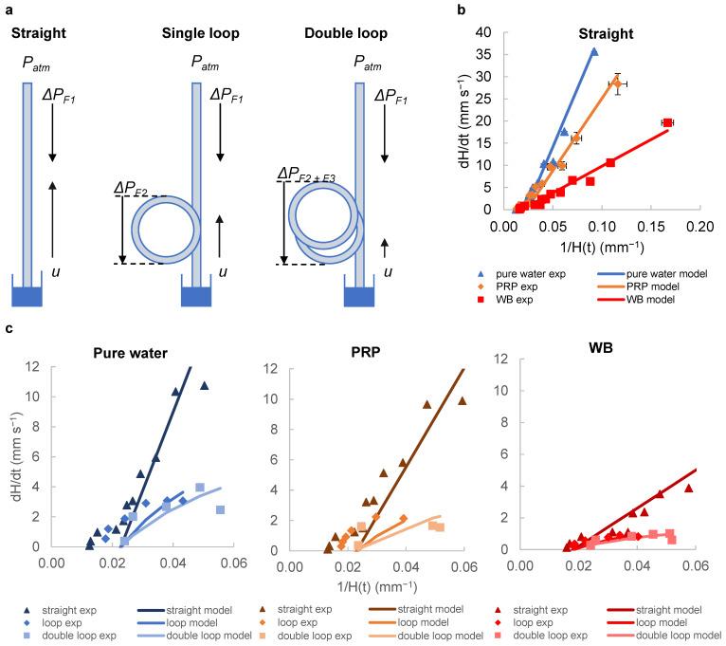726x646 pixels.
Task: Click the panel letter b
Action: point(461,9)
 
